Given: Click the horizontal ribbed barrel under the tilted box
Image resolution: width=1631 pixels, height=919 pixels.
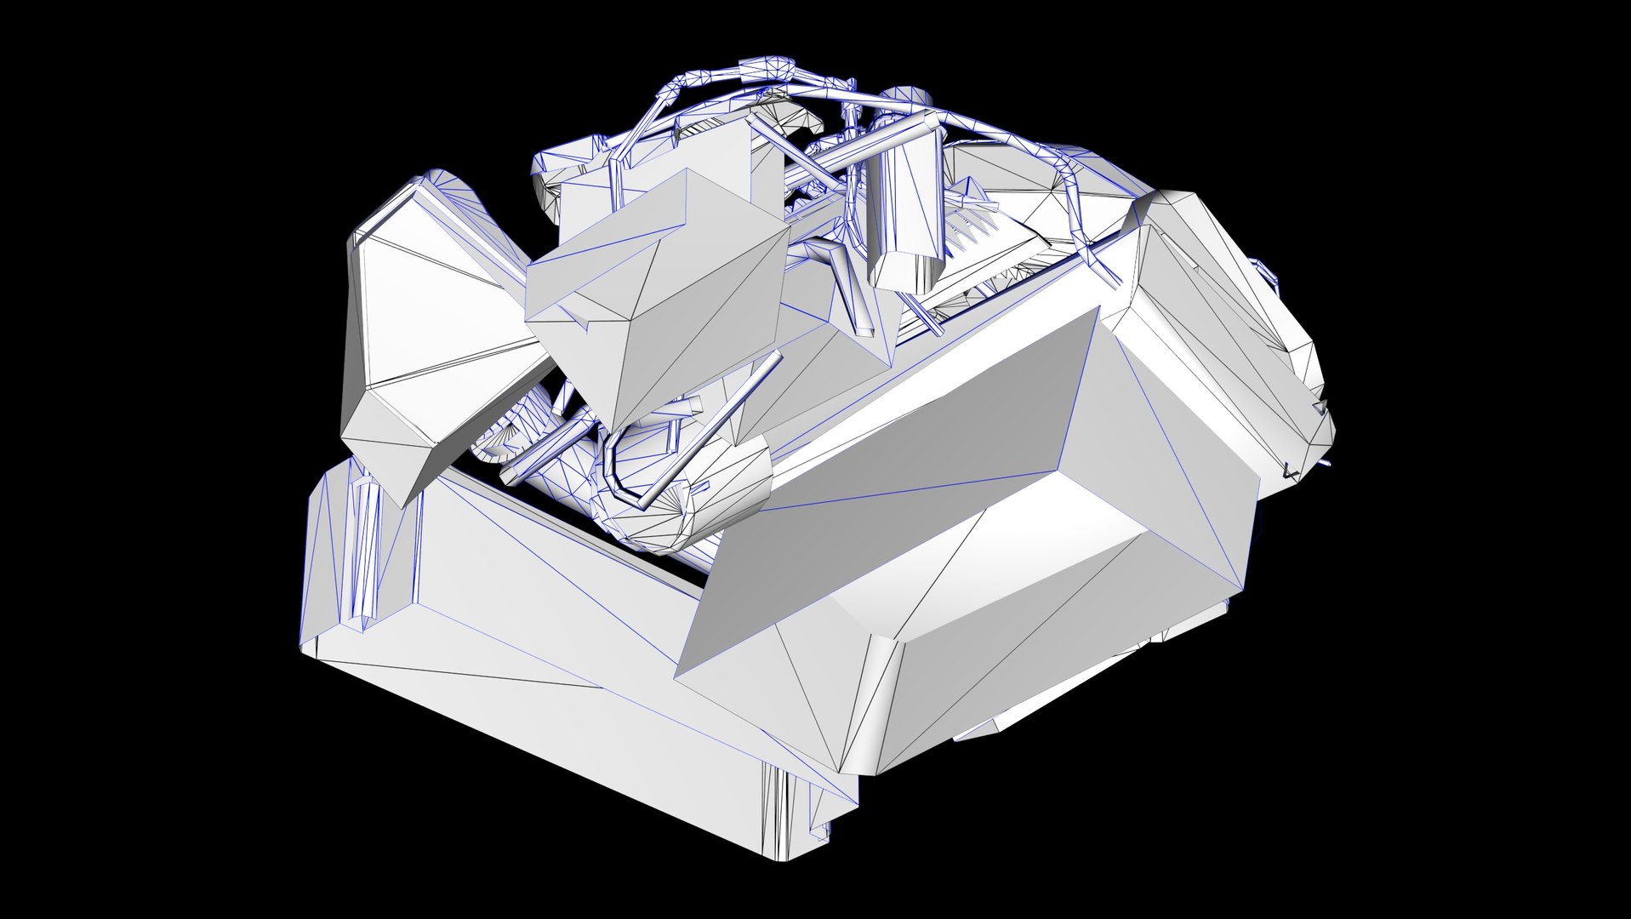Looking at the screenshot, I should (x=681, y=494).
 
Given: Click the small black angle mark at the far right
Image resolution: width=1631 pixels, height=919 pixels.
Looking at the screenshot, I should (x=1291, y=470).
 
